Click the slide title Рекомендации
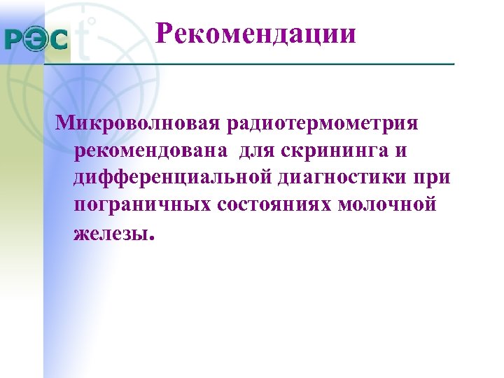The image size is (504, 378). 255,33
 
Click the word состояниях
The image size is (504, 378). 276,205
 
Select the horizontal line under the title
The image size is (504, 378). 248,64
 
